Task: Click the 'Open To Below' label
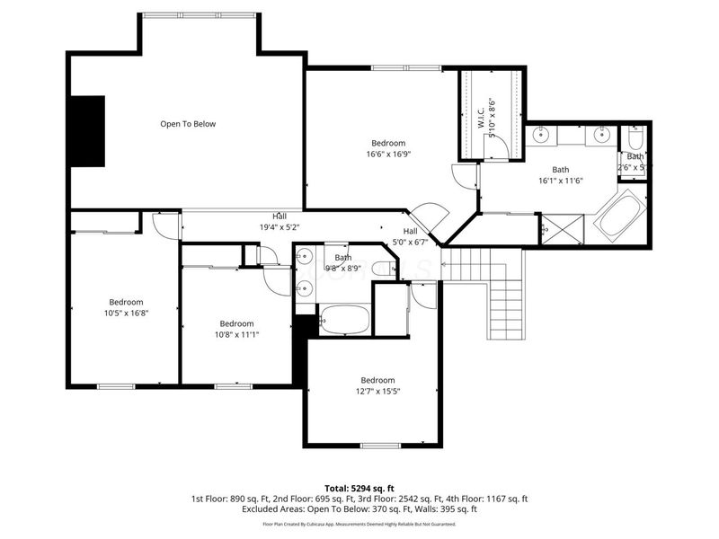pyautogui.click(x=188, y=124)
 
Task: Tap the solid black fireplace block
pyautogui.click(x=88, y=130)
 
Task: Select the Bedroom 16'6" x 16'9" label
pyautogui.click(x=388, y=148)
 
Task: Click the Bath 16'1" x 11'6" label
pyautogui.click(x=560, y=174)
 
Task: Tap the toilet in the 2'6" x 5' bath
pyautogui.click(x=636, y=140)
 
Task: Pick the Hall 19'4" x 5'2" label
pyautogui.click(x=280, y=222)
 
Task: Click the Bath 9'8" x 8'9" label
pyautogui.click(x=343, y=262)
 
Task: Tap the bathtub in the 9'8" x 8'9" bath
pyautogui.click(x=344, y=319)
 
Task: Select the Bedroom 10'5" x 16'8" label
pyautogui.click(x=126, y=307)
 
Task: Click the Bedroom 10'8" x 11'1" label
pyautogui.click(x=236, y=329)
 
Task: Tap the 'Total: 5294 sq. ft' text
pyautogui.click(x=359, y=488)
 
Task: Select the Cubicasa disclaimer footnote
pyautogui.click(x=359, y=524)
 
